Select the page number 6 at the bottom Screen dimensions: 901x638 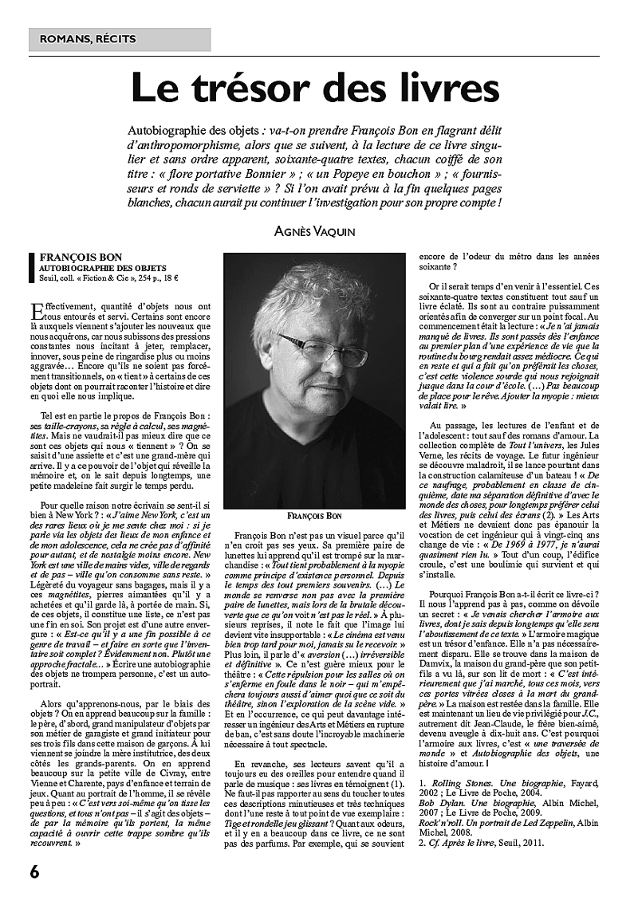click(x=35, y=871)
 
